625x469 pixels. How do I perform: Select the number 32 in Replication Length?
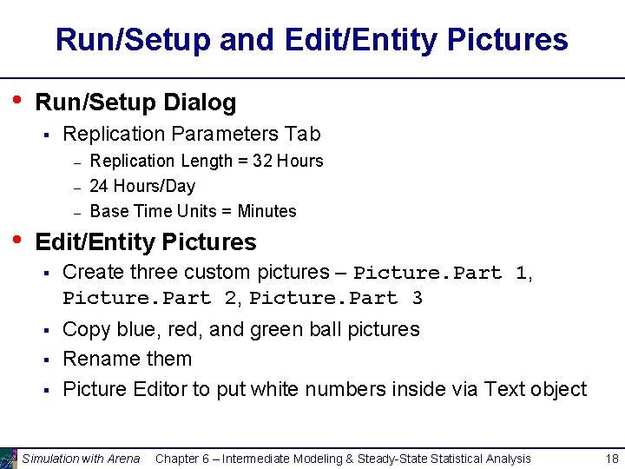coord(262,161)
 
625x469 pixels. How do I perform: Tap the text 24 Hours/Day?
coord(142,186)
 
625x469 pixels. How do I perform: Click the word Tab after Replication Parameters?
coord(303,134)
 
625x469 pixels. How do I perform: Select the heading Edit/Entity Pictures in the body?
coord(146,241)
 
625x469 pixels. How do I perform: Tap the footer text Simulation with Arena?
coord(81,459)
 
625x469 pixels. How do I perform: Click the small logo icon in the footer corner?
coord(9,458)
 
